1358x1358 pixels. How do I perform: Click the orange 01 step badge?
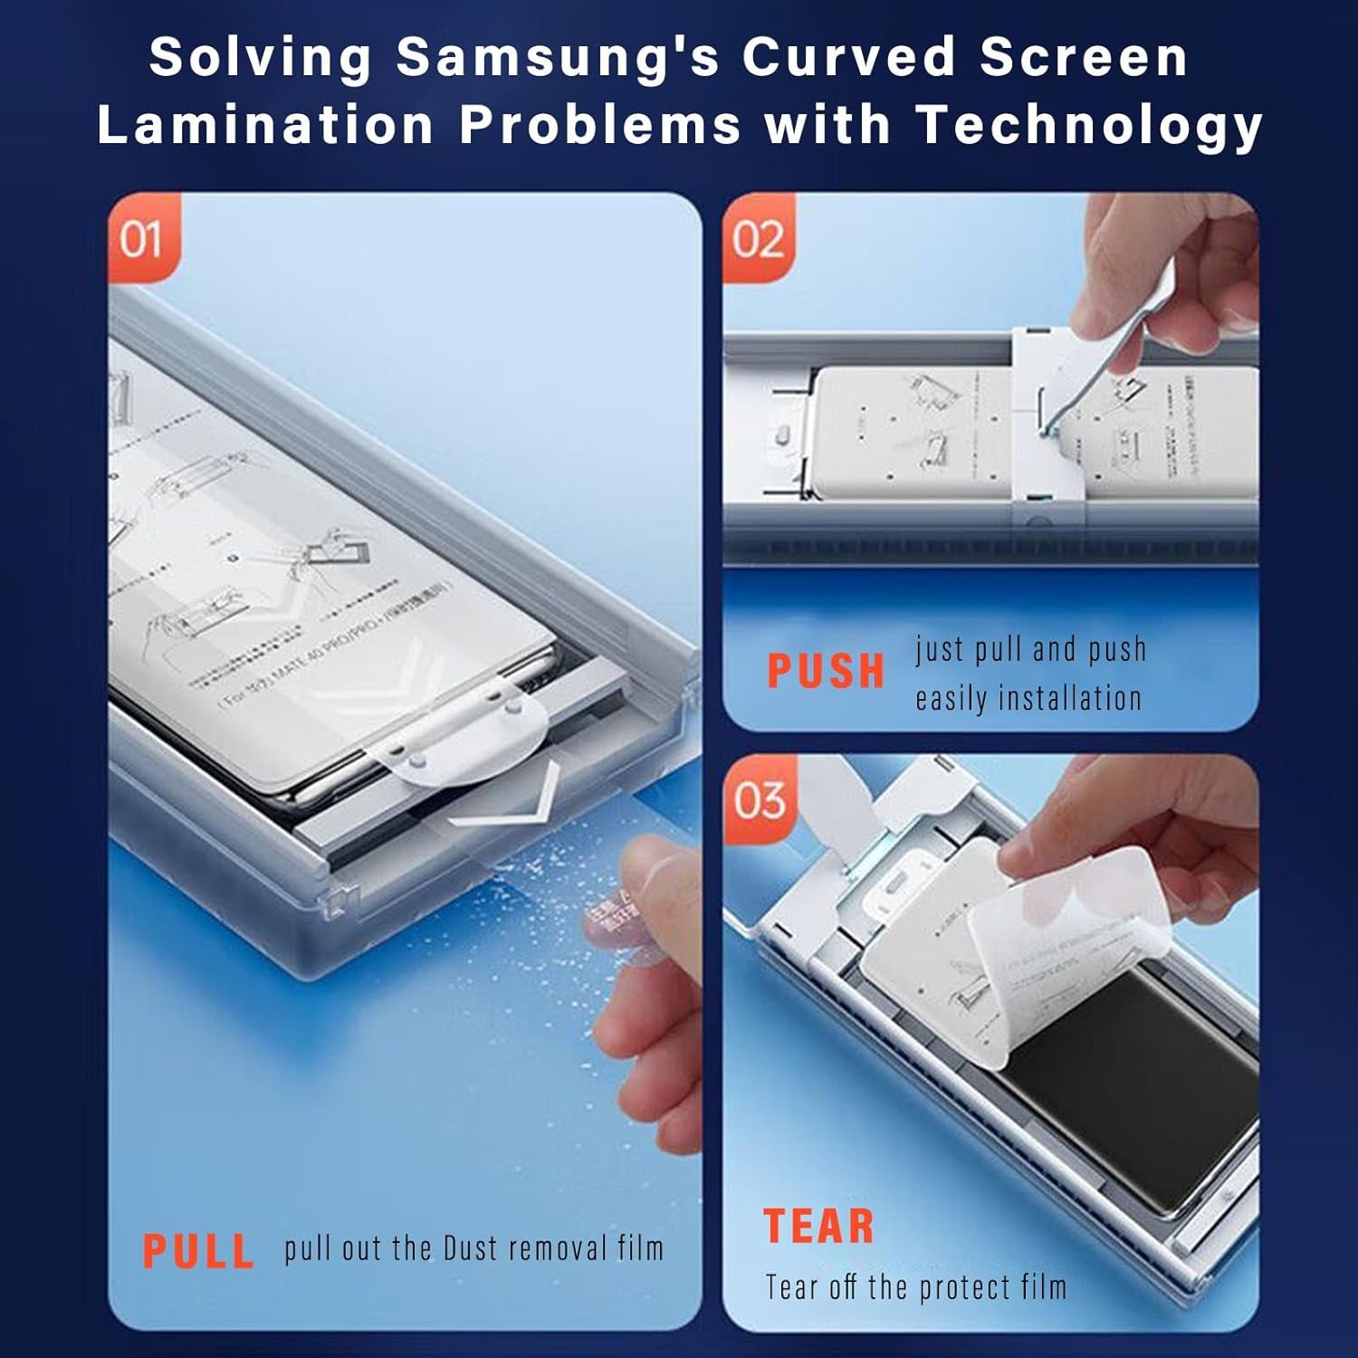click(142, 239)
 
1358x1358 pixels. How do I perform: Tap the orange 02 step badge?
click(758, 239)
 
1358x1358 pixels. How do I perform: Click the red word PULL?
click(198, 1251)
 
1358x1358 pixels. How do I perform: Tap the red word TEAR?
click(819, 1228)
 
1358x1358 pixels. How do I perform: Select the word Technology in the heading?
click(1089, 124)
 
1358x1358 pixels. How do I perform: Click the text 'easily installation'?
click(1028, 699)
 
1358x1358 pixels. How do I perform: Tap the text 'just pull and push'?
click(1031, 649)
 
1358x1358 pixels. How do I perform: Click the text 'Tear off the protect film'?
click(916, 1286)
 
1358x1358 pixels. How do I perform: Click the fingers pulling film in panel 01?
click(647, 978)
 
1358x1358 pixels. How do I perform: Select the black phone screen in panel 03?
click(1132, 1105)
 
